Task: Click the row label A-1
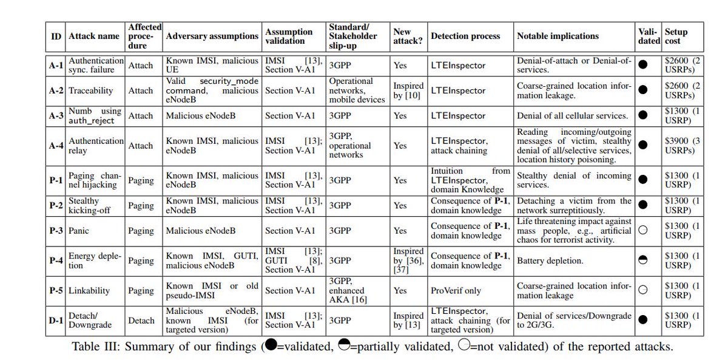click(x=55, y=66)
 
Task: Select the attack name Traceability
click(x=90, y=90)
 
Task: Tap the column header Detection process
click(x=465, y=36)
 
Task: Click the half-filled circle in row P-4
click(x=644, y=260)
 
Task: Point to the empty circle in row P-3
click(x=644, y=231)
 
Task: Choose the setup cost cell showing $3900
click(x=682, y=145)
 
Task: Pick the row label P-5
click(x=55, y=291)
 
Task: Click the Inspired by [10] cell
click(x=408, y=90)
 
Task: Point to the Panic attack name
click(x=80, y=231)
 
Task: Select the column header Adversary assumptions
click(x=212, y=36)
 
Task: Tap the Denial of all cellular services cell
click(x=572, y=115)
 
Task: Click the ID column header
click(x=55, y=36)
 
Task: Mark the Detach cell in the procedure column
click(x=141, y=321)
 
